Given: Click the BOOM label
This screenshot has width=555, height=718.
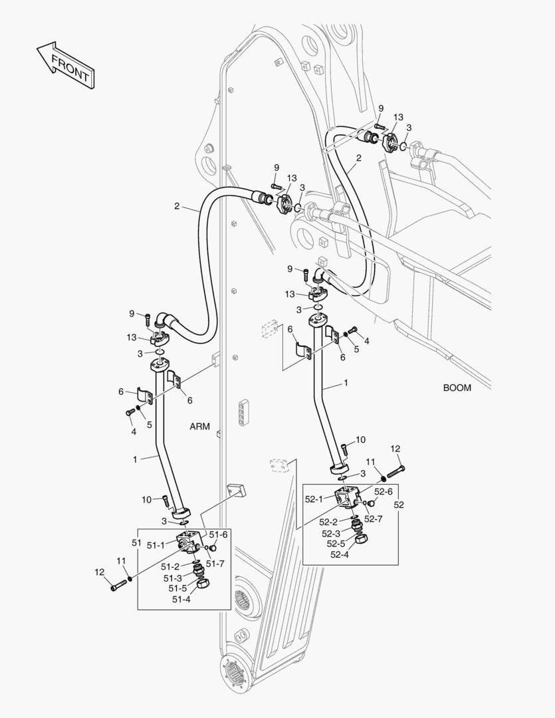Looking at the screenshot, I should coord(457,388).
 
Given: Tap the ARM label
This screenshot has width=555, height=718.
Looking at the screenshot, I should coord(199,427).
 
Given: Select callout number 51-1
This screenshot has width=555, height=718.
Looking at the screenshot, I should coord(156,545).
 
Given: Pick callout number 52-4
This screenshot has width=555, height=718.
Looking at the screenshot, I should coord(338,554).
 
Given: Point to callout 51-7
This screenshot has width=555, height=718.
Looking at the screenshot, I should coord(216,564).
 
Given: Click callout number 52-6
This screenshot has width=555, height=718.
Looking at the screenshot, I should coord(383,491).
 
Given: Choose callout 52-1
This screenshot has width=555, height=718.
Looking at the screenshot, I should coord(314,499).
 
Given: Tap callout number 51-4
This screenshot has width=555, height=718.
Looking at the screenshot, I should coord(181,599).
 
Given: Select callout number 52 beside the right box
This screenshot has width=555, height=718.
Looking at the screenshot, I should coord(399,505).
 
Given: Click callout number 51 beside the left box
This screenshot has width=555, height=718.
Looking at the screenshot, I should coord(135,543).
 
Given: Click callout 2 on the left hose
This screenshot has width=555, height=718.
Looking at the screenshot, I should coord(177,206).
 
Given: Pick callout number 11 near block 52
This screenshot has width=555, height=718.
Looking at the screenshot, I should coord(371,461).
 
